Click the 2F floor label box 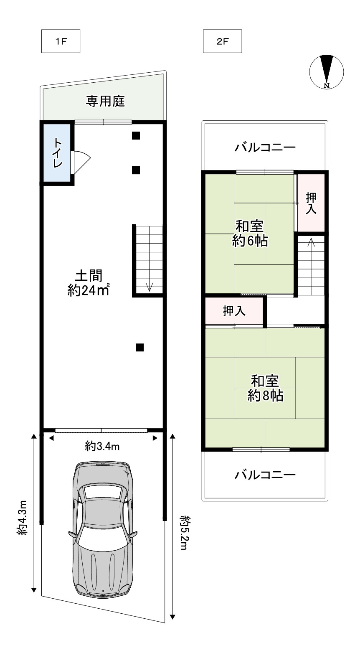(x=223, y=42)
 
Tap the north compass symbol (x=327, y=72)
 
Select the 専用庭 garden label (x=105, y=101)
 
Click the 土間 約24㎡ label (x=89, y=283)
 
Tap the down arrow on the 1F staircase (x=150, y=287)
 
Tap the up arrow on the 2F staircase (x=311, y=243)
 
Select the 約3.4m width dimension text (x=102, y=447)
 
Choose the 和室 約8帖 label (x=265, y=388)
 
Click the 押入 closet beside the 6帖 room (x=311, y=203)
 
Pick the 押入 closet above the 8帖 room (x=234, y=311)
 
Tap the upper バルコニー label (x=265, y=147)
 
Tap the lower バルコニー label (x=265, y=475)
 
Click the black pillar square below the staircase (x=140, y=347)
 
